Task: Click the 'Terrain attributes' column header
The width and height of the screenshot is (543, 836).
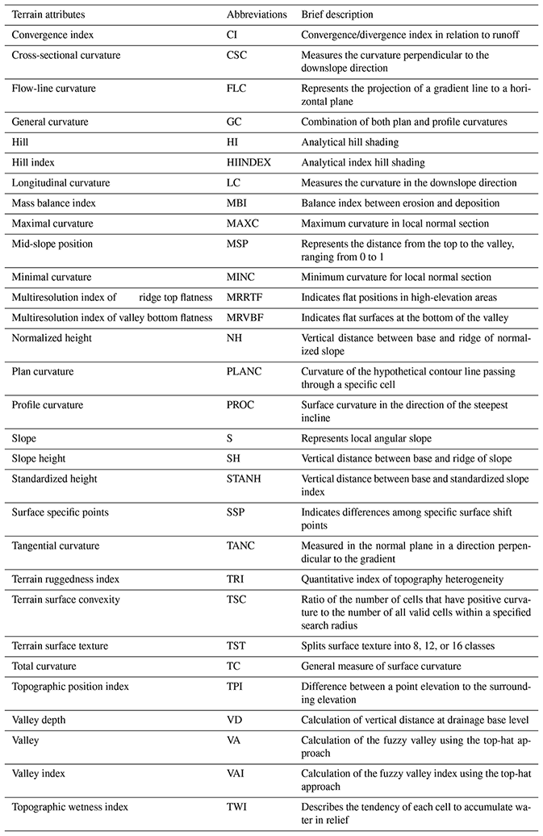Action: [48, 15]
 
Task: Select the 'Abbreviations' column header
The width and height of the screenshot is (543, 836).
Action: [257, 15]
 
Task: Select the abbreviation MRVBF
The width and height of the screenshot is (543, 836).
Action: [244, 318]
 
